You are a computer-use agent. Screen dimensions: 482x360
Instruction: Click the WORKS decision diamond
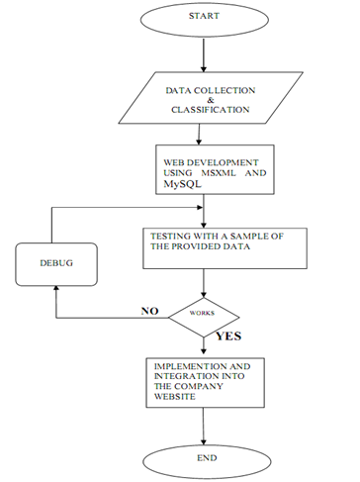pyautogui.click(x=202, y=317)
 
